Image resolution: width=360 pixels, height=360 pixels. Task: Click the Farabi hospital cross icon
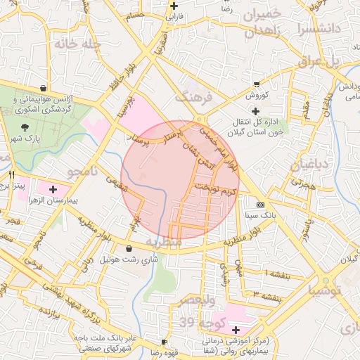[174, 6]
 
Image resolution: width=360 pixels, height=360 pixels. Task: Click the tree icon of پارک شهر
[26, 127]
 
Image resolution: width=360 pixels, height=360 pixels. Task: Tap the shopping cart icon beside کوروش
[257, 84]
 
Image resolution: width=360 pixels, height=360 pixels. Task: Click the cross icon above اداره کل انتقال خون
[255, 111]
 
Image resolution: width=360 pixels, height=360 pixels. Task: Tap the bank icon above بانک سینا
[261, 205]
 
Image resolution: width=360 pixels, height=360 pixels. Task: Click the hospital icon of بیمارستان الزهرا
[53, 189]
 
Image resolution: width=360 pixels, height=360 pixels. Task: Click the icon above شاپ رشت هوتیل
[129, 248]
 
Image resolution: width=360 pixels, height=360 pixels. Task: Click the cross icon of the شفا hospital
[235, 330]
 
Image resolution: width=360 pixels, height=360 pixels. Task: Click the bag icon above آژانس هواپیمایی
[44, 89]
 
